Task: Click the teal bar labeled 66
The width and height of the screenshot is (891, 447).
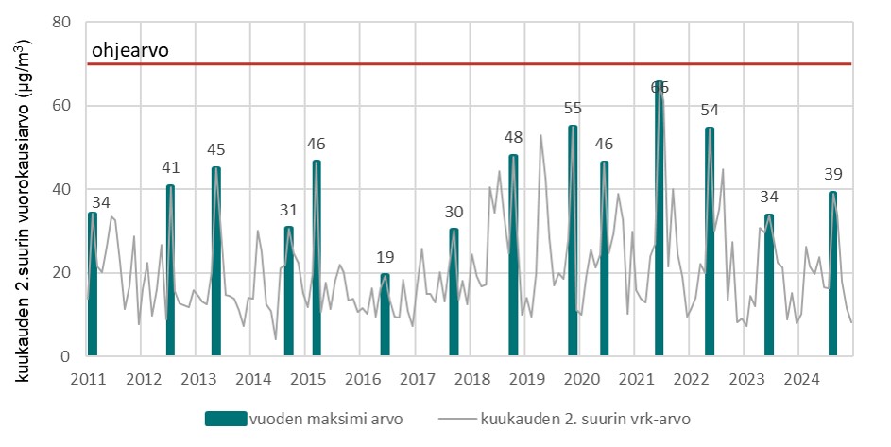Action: (x=660, y=219)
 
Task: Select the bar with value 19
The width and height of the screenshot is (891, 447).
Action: (x=385, y=315)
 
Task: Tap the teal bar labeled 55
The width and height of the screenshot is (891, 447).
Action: (x=573, y=241)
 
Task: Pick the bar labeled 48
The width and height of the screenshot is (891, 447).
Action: (x=513, y=255)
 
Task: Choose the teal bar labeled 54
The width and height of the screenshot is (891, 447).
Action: (x=710, y=242)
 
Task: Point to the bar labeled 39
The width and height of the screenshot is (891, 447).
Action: (x=832, y=274)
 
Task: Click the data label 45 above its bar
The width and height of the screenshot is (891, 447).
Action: (x=216, y=149)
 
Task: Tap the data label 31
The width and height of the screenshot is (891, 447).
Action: (x=289, y=209)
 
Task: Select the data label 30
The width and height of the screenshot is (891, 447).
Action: (x=454, y=211)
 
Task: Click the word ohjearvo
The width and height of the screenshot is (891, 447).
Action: (x=130, y=50)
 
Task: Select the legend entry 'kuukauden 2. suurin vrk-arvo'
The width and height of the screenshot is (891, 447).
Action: (x=580, y=419)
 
